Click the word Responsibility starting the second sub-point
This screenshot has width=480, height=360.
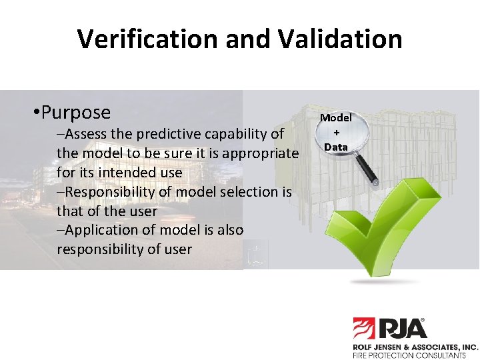[107, 192]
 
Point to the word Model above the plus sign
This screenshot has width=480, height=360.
[336, 118]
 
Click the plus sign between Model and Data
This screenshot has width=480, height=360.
[337, 132]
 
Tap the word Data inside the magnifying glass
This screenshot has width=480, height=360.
[336, 146]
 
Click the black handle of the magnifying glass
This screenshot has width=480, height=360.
[368, 172]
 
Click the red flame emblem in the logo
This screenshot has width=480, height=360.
[364, 329]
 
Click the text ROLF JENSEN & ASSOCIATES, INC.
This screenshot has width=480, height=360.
[415, 347]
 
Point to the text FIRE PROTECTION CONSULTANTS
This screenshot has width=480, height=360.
[409, 356]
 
